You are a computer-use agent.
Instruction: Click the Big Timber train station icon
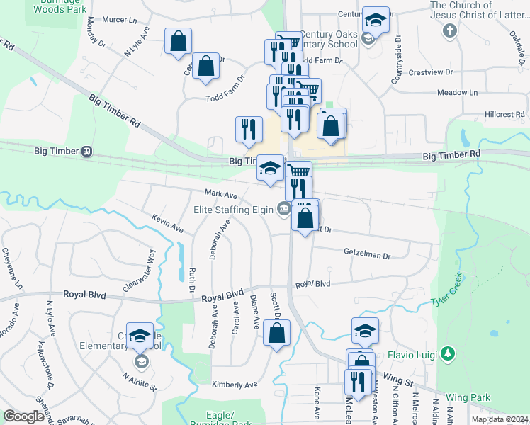(x=86, y=151)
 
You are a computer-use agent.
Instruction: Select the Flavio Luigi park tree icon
(x=446, y=353)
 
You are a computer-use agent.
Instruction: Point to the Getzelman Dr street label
(x=367, y=254)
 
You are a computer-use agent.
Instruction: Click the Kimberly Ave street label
(x=235, y=384)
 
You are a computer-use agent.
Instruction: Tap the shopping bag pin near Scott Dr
(x=276, y=332)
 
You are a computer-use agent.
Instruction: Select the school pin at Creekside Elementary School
(x=140, y=337)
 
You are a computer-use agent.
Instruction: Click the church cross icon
(x=449, y=31)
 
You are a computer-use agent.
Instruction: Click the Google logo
(x=23, y=416)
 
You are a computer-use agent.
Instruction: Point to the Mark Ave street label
(x=220, y=193)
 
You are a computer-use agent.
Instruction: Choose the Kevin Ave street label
(x=167, y=225)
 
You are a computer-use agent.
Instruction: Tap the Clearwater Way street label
(x=139, y=271)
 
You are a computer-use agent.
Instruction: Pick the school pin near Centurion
(x=376, y=21)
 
